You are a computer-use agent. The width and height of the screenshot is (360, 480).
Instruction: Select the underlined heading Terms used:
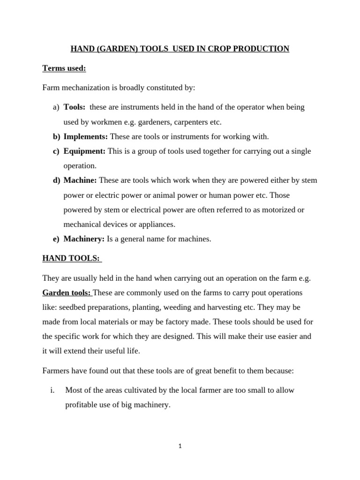64,68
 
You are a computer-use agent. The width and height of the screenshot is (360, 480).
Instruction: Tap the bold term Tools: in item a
75,107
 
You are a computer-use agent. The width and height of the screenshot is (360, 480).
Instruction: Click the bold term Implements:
86,136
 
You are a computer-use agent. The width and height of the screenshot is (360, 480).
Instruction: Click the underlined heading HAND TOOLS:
72,258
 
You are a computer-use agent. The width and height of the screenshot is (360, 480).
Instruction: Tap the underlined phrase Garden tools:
67,292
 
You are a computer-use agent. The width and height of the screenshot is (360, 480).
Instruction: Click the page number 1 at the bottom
180,446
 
